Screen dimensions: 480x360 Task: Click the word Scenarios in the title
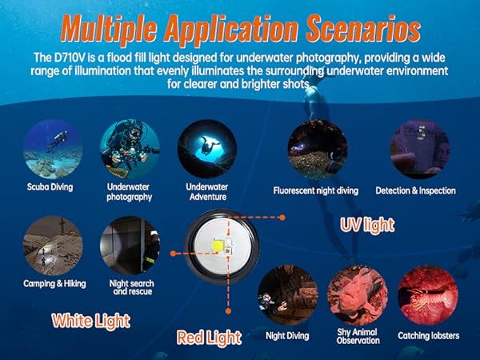(x=363, y=28)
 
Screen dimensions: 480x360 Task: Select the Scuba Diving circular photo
(x=53, y=149)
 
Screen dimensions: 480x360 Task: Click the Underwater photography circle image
(x=130, y=149)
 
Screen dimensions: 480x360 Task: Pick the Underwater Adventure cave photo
(x=207, y=149)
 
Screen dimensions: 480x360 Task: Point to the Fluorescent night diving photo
(x=318, y=150)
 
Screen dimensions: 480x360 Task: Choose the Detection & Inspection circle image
(x=420, y=150)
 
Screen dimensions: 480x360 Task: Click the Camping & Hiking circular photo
(x=53, y=246)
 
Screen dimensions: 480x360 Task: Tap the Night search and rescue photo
(x=130, y=246)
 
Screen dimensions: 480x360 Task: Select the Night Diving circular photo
(x=288, y=295)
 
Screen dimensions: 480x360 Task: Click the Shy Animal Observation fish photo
(x=358, y=295)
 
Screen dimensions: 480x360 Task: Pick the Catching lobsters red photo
(x=428, y=295)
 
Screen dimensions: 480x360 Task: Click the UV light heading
(x=367, y=226)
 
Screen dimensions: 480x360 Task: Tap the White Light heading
(x=91, y=321)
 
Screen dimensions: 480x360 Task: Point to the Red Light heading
(x=209, y=338)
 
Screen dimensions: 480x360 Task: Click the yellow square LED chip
(x=218, y=246)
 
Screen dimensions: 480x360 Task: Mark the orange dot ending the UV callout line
(x=282, y=218)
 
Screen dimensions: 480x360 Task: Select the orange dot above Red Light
(x=228, y=311)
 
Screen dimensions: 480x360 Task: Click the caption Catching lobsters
(x=429, y=336)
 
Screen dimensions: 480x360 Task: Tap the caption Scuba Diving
(x=50, y=187)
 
